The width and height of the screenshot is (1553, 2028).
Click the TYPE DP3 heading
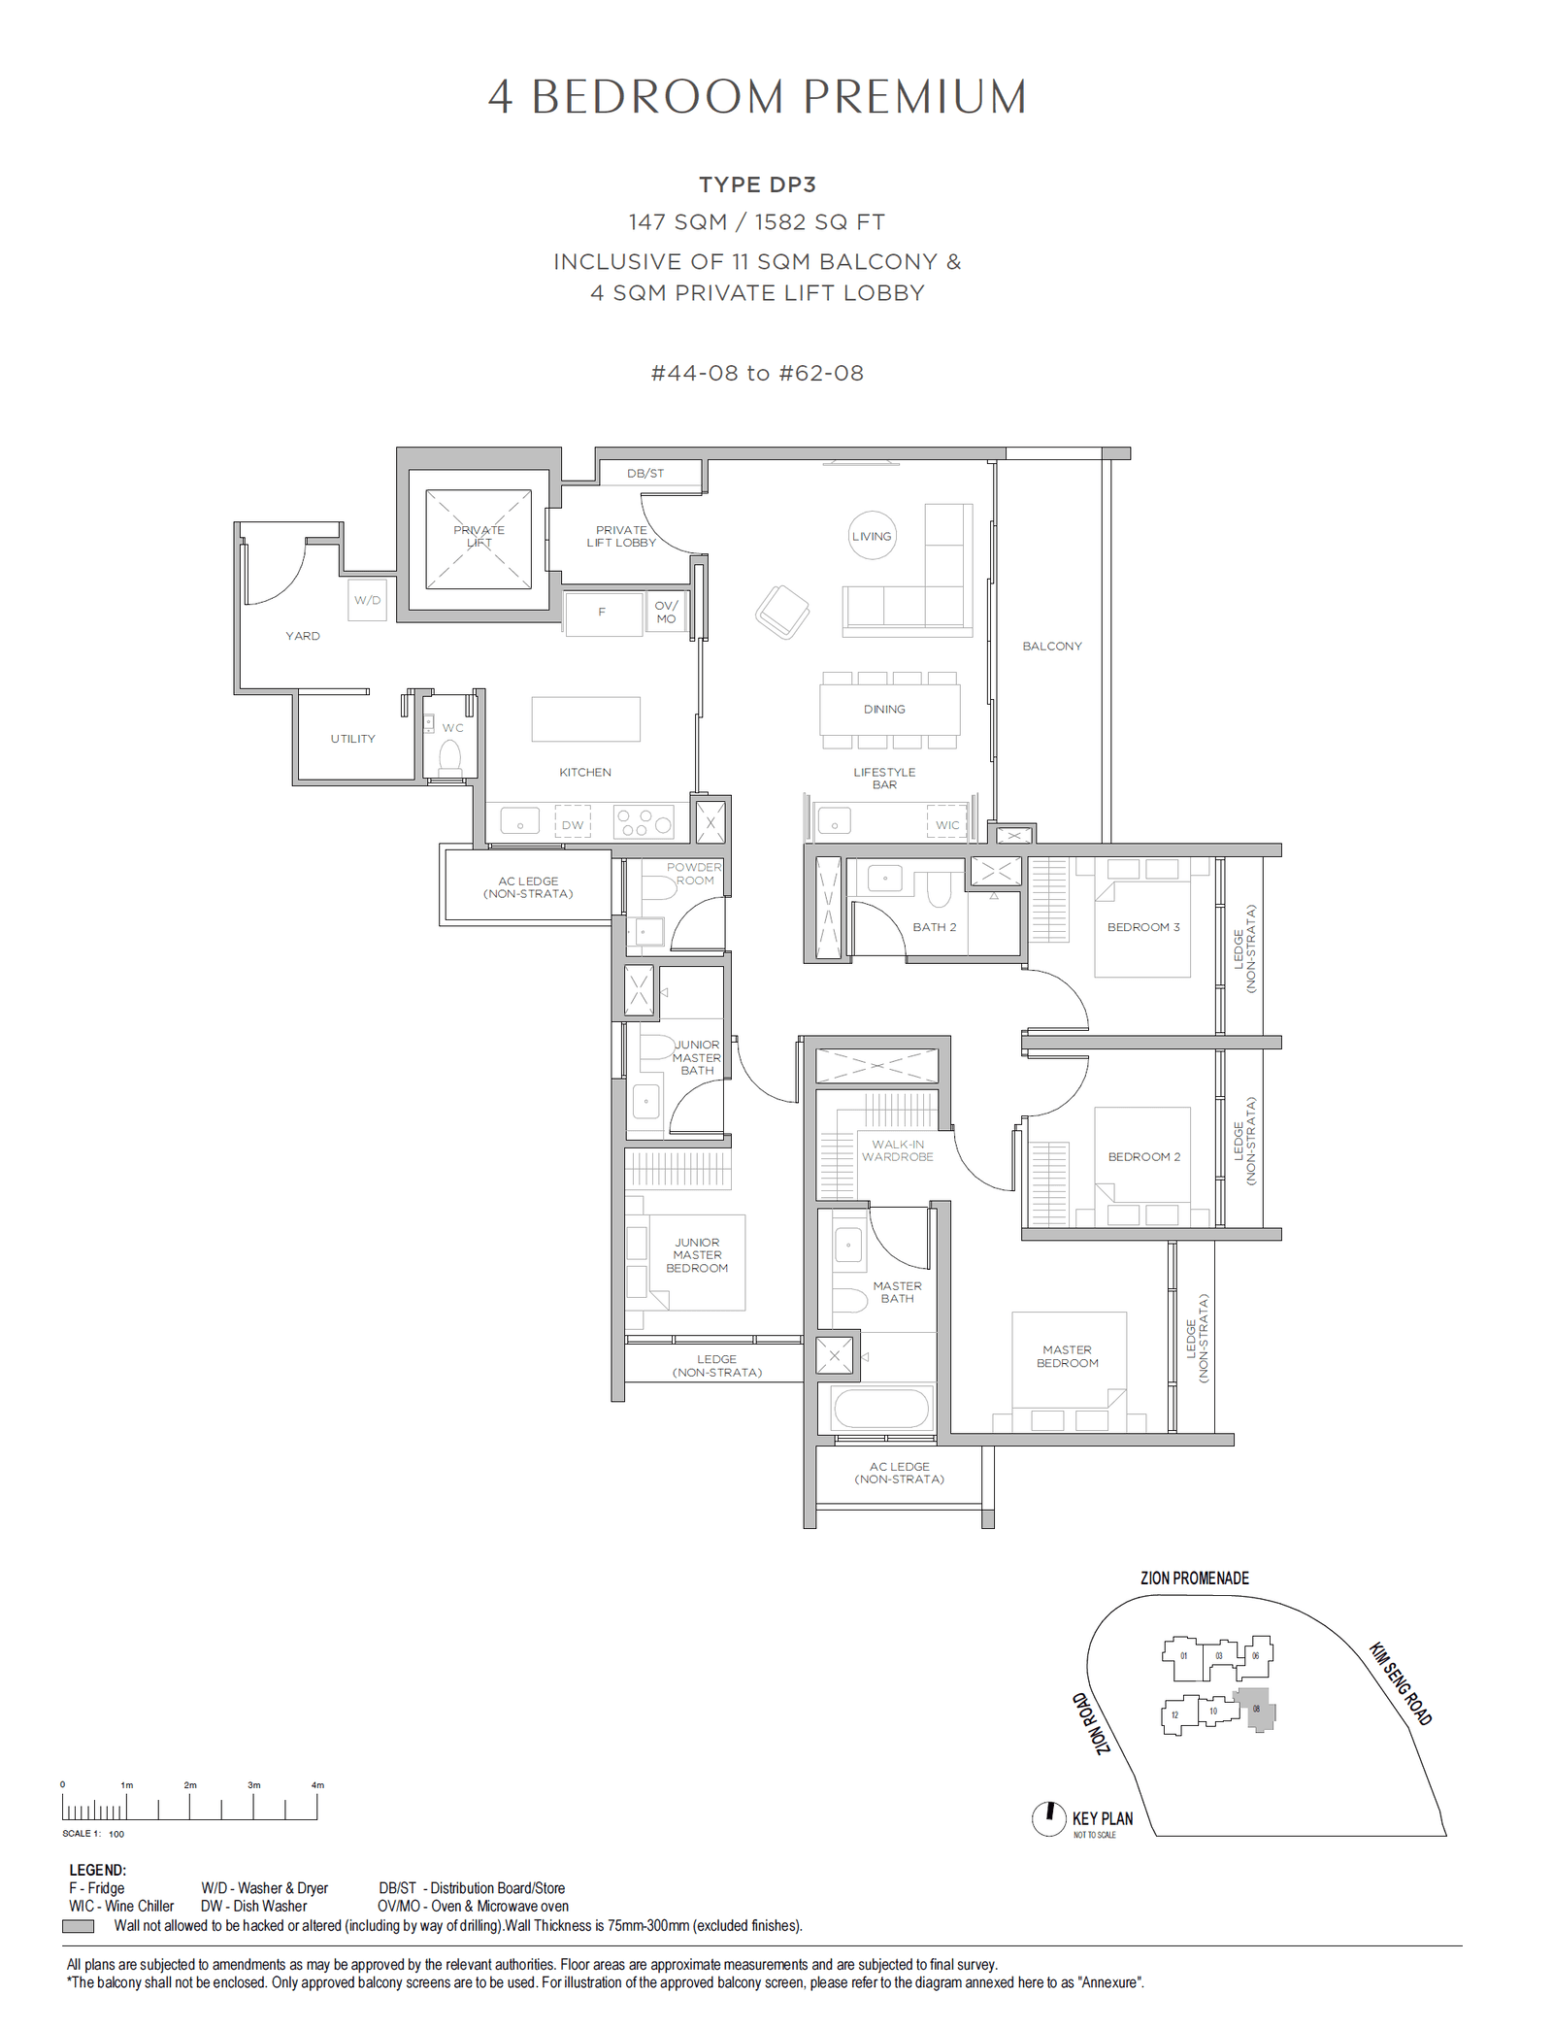(x=757, y=184)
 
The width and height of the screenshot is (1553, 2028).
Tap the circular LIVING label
(x=871, y=536)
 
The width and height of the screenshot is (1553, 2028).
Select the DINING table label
(x=884, y=710)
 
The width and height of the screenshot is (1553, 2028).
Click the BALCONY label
(x=1051, y=646)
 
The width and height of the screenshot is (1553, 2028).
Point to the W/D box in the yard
(x=367, y=600)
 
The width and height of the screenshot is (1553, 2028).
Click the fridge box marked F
(x=603, y=613)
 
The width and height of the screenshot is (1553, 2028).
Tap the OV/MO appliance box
(x=666, y=613)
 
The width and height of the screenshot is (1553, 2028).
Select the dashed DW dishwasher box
(x=573, y=824)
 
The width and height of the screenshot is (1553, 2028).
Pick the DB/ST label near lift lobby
(x=645, y=474)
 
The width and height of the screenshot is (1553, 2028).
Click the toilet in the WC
(x=449, y=756)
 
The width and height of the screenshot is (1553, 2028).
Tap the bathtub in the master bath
(x=880, y=1407)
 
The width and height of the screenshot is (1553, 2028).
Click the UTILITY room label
(x=352, y=739)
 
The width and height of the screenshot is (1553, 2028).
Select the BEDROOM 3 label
(x=1143, y=927)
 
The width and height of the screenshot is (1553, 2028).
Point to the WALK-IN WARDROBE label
(x=898, y=1150)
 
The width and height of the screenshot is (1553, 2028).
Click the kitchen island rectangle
(x=585, y=719)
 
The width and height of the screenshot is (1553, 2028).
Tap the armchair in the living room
(x=782, y=613)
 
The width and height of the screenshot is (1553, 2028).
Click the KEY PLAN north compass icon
(x=1048, y=1817)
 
